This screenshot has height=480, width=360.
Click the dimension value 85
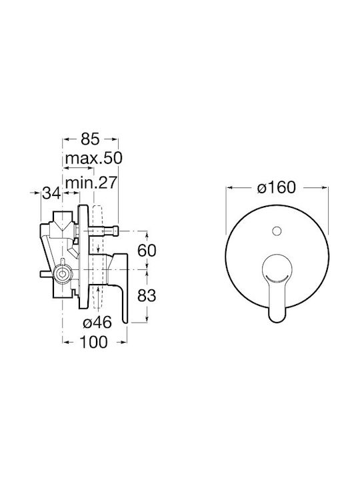tap(90, 139)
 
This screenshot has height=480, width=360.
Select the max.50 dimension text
tap(94, 158)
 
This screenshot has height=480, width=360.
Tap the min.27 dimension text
tap(91, 183)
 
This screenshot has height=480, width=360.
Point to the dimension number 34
tap(51, 193)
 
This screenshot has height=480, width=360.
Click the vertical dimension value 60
tap(147, 251)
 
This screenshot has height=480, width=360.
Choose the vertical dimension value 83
tap(147, 296)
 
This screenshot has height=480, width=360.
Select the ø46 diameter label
tap(97, 323)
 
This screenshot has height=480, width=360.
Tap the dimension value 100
tap(94, 341)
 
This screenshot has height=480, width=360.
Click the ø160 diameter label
tap(277, 187)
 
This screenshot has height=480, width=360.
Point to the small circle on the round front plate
tap(277, 231)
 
